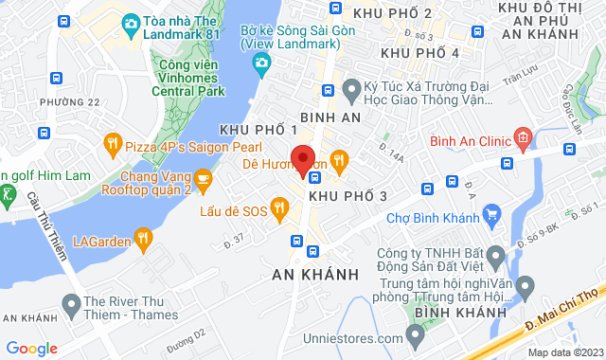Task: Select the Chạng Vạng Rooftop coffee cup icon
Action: click(203, 177)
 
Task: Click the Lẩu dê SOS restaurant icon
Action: click(279, 206)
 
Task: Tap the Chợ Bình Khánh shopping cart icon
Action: click(490, 219)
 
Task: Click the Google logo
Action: click(31, 348)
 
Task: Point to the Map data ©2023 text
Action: click(564, 352)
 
